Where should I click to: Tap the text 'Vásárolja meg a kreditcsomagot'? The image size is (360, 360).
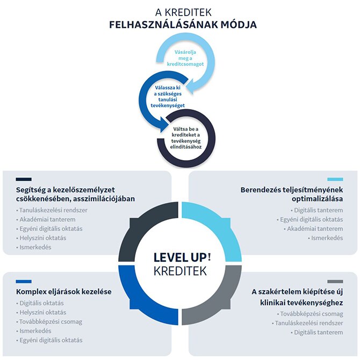click(x=185, y=58)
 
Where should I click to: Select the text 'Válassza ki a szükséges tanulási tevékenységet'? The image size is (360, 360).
click(x=168, y=97)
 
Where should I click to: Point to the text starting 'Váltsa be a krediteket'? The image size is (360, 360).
click(x=186, y=138)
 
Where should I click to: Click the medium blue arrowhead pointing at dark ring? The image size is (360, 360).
click(x=164, y=125)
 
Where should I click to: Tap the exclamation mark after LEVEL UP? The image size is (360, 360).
click(x=209, y=256)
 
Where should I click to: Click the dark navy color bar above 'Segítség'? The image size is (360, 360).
click(x=24, y=179)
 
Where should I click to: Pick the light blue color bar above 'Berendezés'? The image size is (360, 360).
click(x=335, y=179)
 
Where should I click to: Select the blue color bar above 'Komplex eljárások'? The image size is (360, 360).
click(x=24, y=282)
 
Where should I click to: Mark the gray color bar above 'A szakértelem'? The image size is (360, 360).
click(x=335, y=282)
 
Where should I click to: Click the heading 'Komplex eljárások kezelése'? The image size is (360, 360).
click(x=64, y=292)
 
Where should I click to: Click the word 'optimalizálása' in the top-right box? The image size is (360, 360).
click(x=318, y=199)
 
